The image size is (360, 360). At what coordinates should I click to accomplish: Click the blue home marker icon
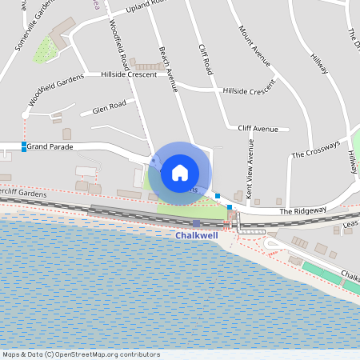click(180, 171)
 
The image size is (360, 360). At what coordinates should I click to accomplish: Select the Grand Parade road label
click(50, 147)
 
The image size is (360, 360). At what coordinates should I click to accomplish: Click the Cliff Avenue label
click(258, 128)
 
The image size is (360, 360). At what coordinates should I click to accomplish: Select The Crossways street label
click(315, 150)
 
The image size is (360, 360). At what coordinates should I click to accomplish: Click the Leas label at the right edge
click(350, 226)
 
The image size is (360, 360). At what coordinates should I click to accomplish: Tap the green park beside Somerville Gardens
click(46, 50)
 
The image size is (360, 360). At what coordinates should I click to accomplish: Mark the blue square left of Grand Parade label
click(23, 146)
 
